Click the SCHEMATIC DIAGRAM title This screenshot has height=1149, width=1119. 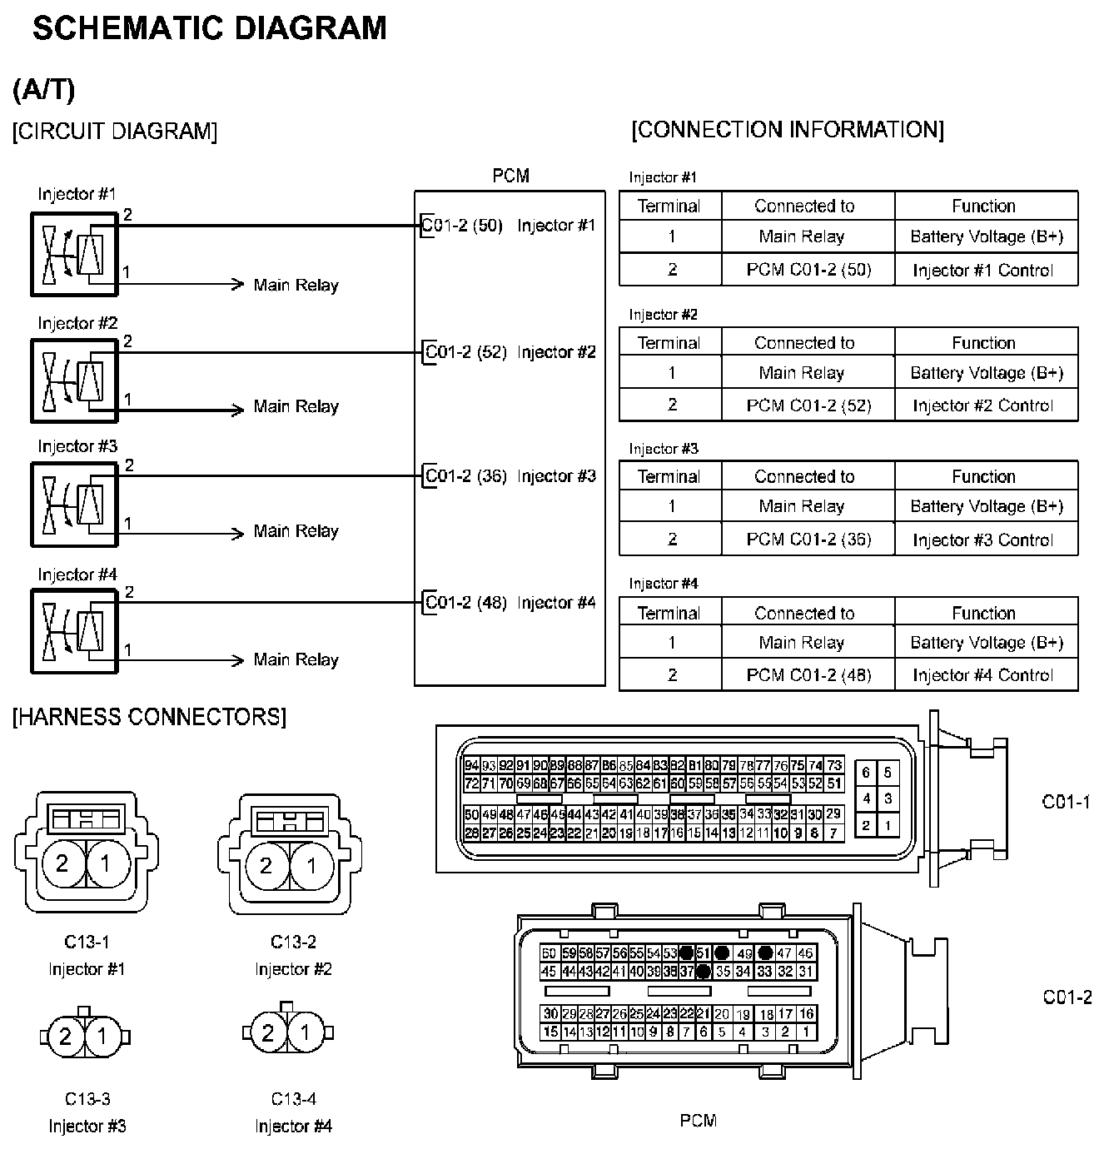[x=209, y=29]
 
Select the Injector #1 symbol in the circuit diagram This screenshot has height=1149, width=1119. [x=74, y=254]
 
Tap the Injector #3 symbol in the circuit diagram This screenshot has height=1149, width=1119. [x=74, y=505]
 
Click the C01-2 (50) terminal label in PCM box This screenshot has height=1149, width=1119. [x=462, y=226]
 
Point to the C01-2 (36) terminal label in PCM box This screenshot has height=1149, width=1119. [x=465, y=476]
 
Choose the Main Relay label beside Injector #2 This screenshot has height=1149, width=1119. [x=296, y=407]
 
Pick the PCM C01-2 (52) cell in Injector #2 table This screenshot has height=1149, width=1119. [x=808, y=405]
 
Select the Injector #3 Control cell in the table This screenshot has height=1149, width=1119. [x=982, y=540]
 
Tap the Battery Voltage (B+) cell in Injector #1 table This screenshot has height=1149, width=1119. [x=987, y=236]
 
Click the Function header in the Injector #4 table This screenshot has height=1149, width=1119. [x=983, y=613]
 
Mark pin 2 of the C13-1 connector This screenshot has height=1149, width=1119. [x=62, y=864]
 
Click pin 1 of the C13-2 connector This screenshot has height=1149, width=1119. [x=311, y=866]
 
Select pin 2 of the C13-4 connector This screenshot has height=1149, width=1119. [x=268, y=1034]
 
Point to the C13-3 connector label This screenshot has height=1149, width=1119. [x=87, y=1099]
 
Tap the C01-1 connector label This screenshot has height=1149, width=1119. [x=1066, y=802]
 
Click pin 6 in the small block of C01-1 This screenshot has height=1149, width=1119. [x=866, y=773]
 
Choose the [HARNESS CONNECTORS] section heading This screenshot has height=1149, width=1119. [x=149, y=717]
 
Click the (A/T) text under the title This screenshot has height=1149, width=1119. [x=44, y=90]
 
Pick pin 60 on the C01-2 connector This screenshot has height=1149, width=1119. [x=548, y=953]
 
